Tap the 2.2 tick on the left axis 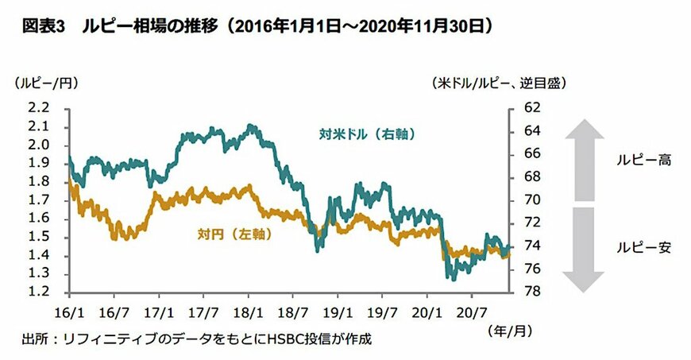tap(38, 107)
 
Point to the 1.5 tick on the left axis tap(38, 237)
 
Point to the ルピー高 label tap(644, 160)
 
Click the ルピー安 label tap(644, 247)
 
